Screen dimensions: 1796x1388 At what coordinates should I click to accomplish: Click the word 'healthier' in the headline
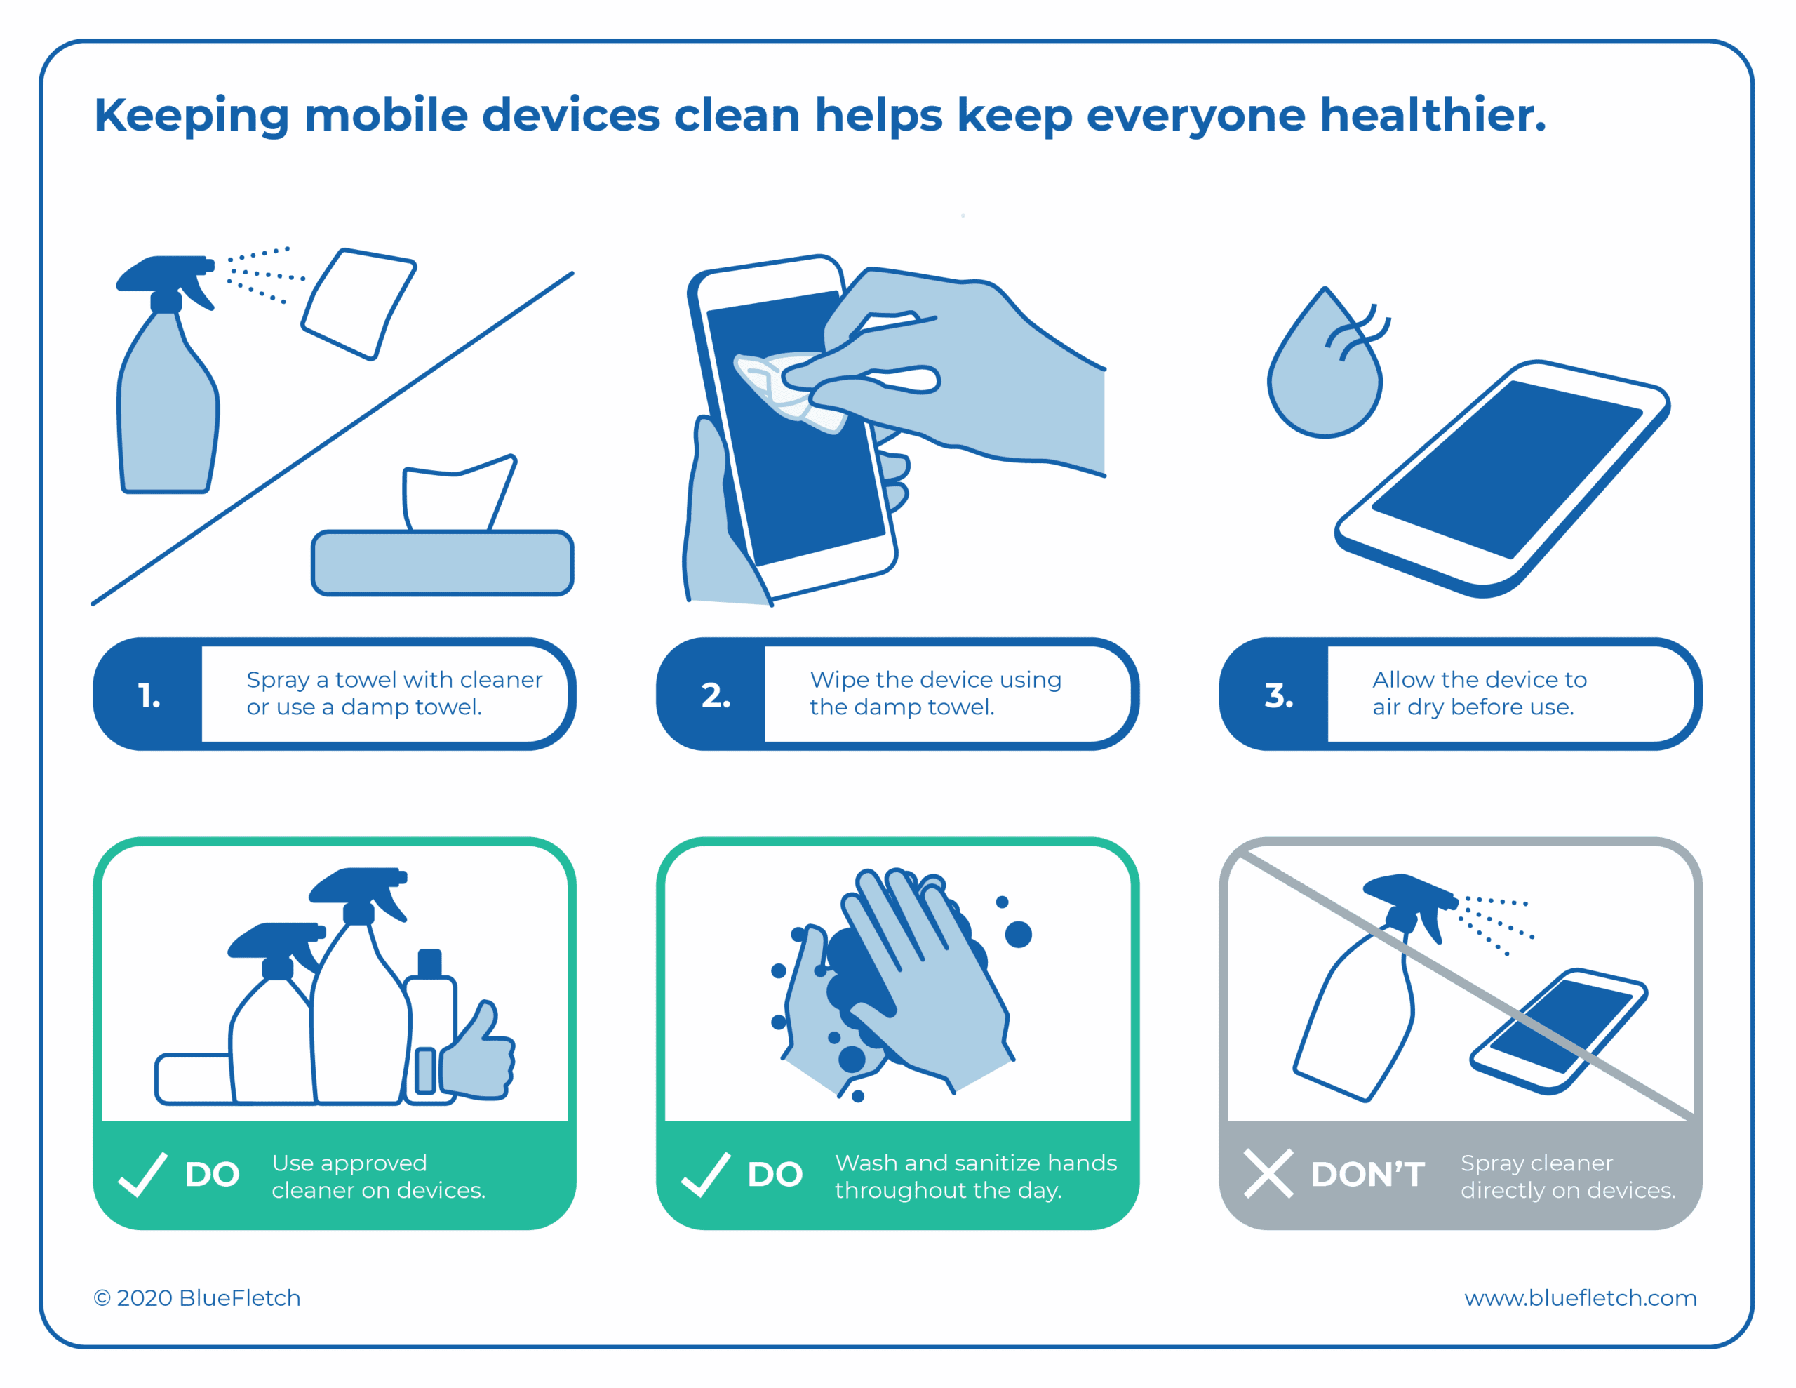(x=1423, y=114)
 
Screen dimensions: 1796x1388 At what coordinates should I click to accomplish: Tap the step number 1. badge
(x=149, y=695)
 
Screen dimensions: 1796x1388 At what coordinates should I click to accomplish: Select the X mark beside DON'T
(x=1268, y=1173)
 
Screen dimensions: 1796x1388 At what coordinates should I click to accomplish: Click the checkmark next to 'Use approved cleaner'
(x=143, y=1174)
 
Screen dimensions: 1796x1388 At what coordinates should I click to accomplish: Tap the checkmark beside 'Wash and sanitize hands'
(x=706, y=1174)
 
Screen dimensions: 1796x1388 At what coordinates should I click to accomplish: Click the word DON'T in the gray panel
(x=1367, y=1175)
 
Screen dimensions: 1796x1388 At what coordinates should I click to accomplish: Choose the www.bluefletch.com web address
(x=1580, y=1297)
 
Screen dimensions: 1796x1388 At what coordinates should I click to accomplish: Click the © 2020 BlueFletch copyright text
(x=197, y=1297)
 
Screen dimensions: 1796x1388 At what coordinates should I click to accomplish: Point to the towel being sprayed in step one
(x=358, y=304)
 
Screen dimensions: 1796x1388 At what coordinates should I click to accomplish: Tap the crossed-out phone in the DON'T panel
(x=1558, y=1031)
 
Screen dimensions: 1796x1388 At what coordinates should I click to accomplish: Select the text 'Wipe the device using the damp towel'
(x=935, y=693)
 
